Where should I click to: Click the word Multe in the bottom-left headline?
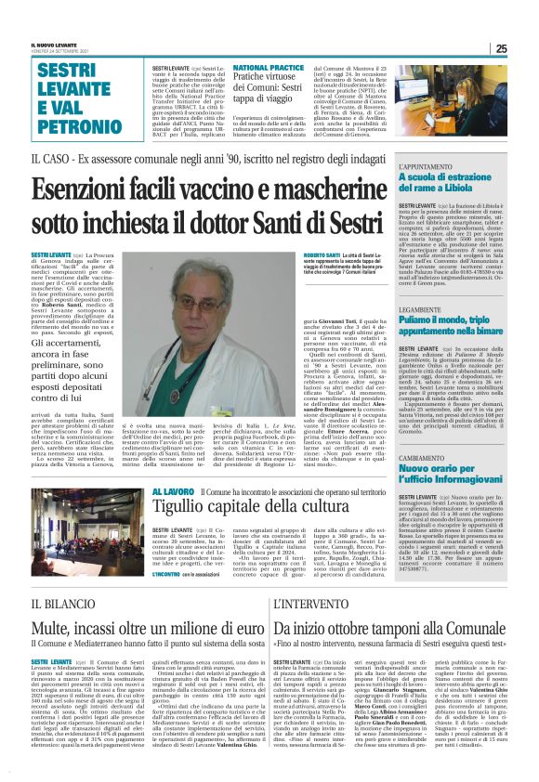tap(57, 631)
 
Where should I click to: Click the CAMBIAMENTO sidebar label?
tap(426, 458)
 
